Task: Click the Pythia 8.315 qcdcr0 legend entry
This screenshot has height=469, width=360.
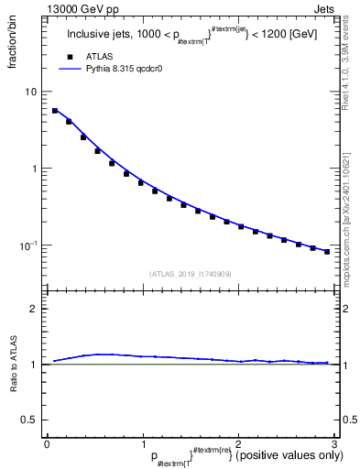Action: click(x=110, y=68)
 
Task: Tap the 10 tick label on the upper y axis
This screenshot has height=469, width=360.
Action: click(x=30, y=92)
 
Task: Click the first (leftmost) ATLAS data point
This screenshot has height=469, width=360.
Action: click(x=55, y=111)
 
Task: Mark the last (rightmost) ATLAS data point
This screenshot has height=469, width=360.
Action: click(x=327, y=251)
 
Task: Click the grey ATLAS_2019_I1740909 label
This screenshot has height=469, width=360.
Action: click(x=190, y=273)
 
